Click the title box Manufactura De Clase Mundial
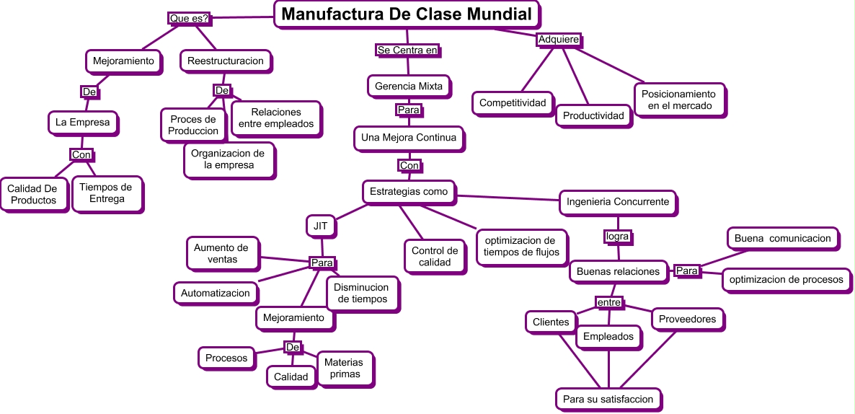pyautogui.click(x=407, y=14)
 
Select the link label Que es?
pyautogui.click(x=189, y=18)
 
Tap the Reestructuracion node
pyautogui.click(x=226, y=61)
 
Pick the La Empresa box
pyautogui.click(x=83, y=123)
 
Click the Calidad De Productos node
pyautogui.click(x=32, y=194)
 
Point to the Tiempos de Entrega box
pyautogui.click(x=106, y=193)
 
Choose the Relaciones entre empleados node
pyautogui.click(x=276, y=118)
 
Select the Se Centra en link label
pyautogui.click(x=407, y=50)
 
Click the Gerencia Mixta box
pyautogui.click(x=409, y=87)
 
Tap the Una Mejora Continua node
pyautogui.click(x=409, y=138)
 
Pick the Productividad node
pyautogui.click(x=593, y=115)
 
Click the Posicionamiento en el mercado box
pyautogui.click(x=678, y=100)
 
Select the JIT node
pyautogui.click(x=321, y=226)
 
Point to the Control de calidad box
pyautogui.click(x=435, y=257)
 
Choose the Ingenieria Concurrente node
pyautogui.click(x=619, y=202)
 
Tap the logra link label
pyautogui.click(x=617, y=236)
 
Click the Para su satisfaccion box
pyautogui.click(x=608, y=399)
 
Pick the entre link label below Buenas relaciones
pyautogui.click(x=609, y=302)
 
